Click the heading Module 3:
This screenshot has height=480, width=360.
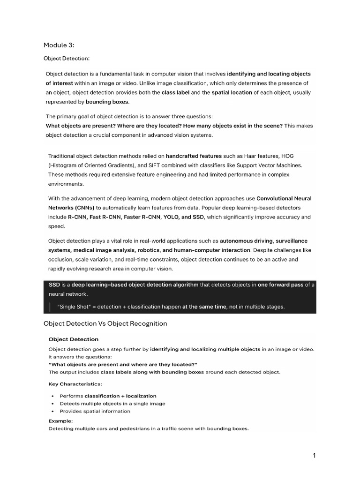(x=59, y=45)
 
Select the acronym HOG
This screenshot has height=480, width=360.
(x=286, y=156)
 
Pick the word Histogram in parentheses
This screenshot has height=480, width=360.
(x=65, y=165)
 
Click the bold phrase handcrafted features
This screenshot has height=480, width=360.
(x=194, y=156)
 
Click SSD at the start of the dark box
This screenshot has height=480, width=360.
(x=55, y=285)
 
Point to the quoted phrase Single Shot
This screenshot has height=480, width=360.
(x=75, y=307)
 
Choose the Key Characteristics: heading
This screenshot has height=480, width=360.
(x=75, y=384)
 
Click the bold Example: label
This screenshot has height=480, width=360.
(x=60, y=420)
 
